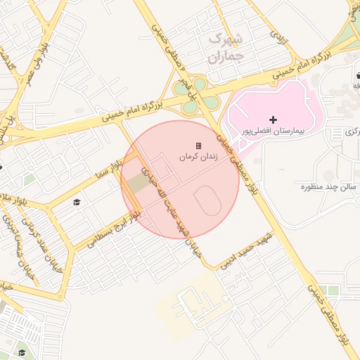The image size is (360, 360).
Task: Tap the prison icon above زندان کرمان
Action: point(198,146)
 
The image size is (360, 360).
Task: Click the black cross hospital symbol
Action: point(273,120)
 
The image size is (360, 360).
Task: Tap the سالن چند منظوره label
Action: point(325,186)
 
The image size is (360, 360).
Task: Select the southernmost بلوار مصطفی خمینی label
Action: point(330,316)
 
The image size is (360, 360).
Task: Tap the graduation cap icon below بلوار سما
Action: point(77,202)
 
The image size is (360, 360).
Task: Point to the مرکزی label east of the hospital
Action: point(352,131)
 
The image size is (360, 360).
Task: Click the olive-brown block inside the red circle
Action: point(139,182)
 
